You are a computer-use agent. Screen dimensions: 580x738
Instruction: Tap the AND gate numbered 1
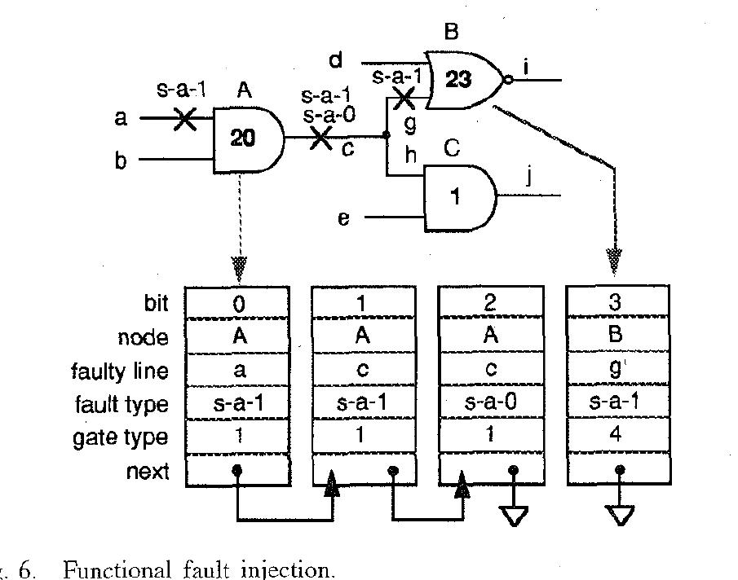pyautogui.click(x=457, y=198)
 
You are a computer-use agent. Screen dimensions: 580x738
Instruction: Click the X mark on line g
pyautogui.click(x=403, y=100)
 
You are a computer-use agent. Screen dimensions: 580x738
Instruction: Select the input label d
pyautogui.click(x=336, y=61)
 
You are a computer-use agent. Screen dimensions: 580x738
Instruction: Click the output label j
pyautogui.click(x=528, y=177)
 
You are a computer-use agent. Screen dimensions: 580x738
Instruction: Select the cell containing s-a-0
pyautogui.click(x=491, y=404)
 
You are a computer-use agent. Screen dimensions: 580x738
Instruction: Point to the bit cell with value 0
pyautogui.click(x=238, y=303)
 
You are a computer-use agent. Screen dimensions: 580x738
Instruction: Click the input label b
pyautogui.click(x=121, y=160)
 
